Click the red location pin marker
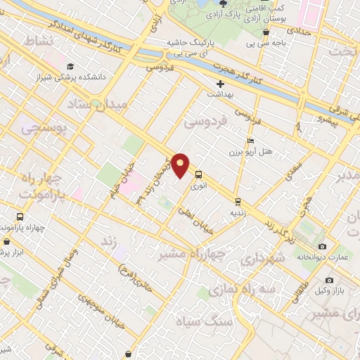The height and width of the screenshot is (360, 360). click(x=181, y=165)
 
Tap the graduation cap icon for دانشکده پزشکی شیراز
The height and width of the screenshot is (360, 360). click(x=70, y=66)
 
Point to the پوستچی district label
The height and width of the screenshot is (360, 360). click(x=41, y=129)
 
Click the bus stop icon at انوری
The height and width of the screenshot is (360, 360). click(x=198, y=175)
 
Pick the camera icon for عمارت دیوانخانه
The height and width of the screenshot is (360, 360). click(x=322, y=246)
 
